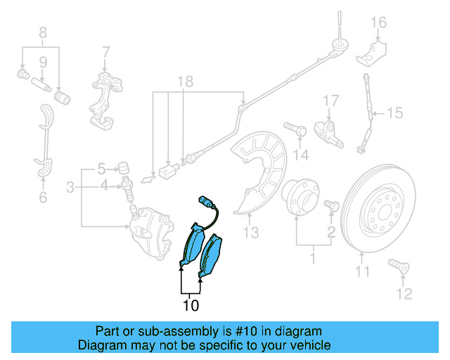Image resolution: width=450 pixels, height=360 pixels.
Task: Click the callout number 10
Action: pyautogui.click(x=191, y=306)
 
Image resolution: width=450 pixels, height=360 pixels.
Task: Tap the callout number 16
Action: pyautogui.click(x=379, y=22)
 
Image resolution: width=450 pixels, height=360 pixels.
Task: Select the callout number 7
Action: pyautogui.click(x=105, y=51)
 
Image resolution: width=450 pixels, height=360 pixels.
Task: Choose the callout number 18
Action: pyautogui.click(x=184, y=82)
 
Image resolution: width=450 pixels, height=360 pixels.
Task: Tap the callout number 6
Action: pyautogui.click(x=43, y=198)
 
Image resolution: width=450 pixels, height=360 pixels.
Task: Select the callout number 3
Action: pyautogui.click(x=70, y=187)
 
